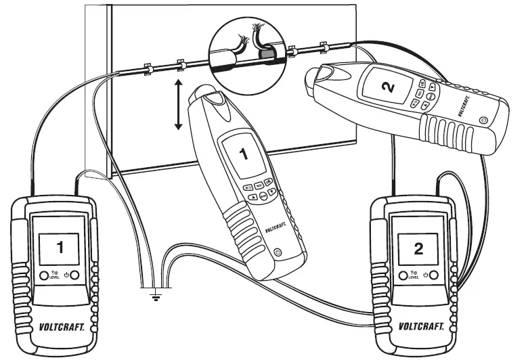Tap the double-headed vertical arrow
click(x=179, y=104)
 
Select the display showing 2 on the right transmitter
click(x=418, y=246)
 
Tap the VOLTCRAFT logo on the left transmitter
click(x=59, y=326)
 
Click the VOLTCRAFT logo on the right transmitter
click(x=418, y=326)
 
